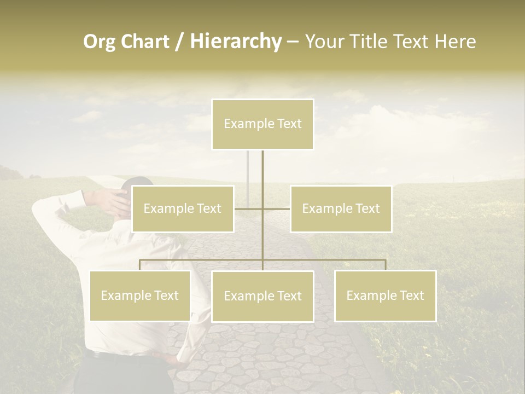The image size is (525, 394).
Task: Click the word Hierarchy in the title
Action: pyautogui.click(x=235, y=42)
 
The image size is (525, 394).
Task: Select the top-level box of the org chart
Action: pyautogui.click(x=262, y=124)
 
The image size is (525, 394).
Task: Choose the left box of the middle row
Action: pyautogui.click(x=183, y=208)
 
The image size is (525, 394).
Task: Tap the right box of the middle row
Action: pyautogui.click(x=341, y=208)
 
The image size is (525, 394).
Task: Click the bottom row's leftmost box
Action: pyautogui.click(x=140, y=296)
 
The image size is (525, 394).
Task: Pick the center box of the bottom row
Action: pyautogui.click(x=262, y=296)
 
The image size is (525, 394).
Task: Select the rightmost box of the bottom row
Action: pyautogui.click(x=385, y=296)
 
